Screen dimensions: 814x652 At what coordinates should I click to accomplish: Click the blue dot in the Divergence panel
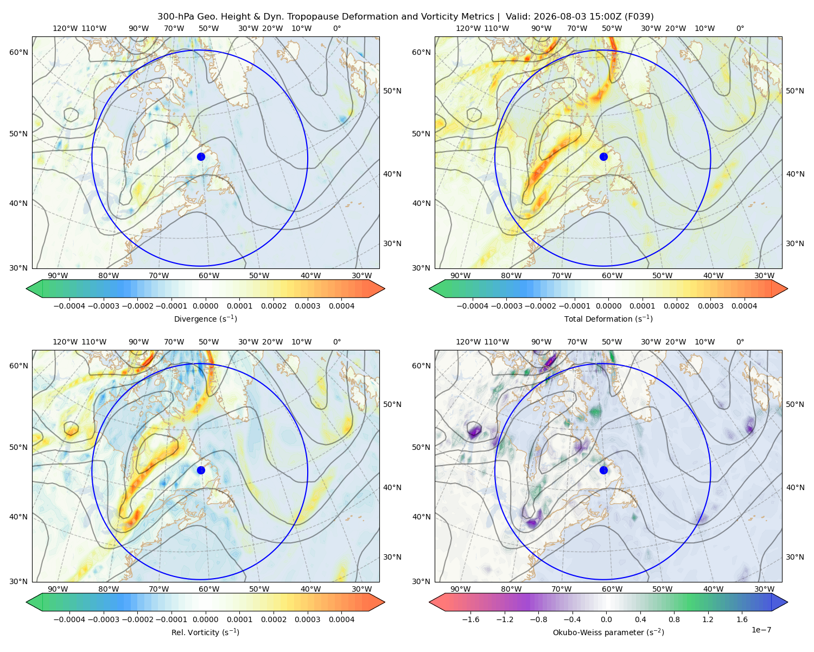201,157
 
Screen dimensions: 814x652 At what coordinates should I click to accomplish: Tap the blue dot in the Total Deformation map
603,157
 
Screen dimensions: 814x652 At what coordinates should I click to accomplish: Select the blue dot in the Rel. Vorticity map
201,470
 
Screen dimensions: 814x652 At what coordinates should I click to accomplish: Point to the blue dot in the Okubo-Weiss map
603,470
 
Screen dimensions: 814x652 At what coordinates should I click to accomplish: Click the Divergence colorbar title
205,319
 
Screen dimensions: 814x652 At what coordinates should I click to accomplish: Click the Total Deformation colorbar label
608,319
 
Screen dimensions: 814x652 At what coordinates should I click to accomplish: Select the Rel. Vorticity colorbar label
205,632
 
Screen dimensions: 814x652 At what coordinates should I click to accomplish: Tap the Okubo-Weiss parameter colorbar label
608,632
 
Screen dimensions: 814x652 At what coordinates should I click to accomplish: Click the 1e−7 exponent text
761,630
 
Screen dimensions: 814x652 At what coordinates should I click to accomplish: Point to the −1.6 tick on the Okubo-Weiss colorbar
470,619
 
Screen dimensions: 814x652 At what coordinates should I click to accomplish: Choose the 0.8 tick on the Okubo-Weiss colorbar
674,619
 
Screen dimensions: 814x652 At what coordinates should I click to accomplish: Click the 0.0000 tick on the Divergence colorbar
205,306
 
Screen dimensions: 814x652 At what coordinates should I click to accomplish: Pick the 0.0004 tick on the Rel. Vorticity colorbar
341,619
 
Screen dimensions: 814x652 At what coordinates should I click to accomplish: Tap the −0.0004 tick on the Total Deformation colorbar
473,306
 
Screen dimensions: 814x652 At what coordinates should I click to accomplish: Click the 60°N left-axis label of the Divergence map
18,52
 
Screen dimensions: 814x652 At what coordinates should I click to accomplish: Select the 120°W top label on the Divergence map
65,28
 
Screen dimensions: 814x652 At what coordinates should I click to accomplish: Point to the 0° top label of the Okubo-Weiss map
740,342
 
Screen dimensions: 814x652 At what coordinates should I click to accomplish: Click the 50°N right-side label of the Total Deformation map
795,91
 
